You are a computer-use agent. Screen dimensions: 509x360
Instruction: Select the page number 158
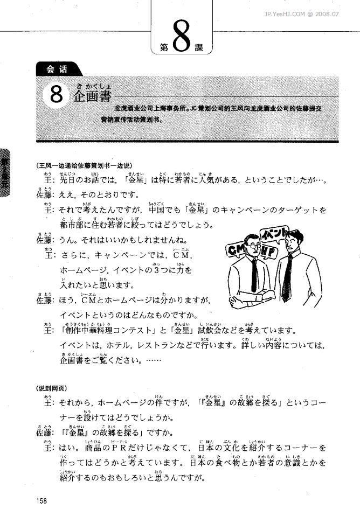41,500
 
